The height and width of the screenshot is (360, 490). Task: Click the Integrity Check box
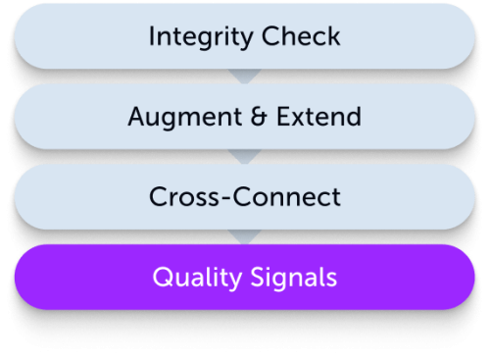tap(244, 37)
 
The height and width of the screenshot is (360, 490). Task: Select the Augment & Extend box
tap(244, 117)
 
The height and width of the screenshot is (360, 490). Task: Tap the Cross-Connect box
tap(244, 197)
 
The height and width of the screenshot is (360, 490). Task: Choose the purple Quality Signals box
tap(244, 278)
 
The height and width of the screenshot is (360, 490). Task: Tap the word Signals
tap(293, 279)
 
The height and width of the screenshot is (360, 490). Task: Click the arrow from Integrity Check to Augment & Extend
tap(244, 76)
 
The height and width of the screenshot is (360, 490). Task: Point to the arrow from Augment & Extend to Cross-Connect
tap(244, 156)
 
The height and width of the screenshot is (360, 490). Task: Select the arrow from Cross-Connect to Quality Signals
tap(244, 236)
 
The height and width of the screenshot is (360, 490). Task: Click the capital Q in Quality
tap(160, 278)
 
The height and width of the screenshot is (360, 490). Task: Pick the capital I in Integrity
tap(152, 37)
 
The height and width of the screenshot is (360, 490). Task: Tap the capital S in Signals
tap(257, 278)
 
